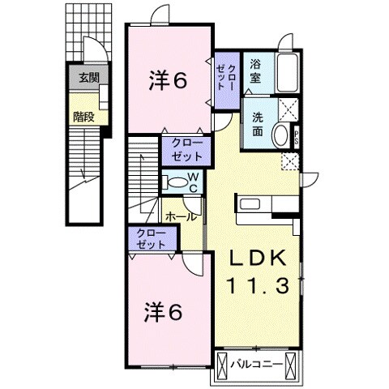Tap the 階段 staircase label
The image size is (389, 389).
click(83, 116)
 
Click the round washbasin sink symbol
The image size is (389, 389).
click(280, 135)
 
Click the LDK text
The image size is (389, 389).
click(256, 259)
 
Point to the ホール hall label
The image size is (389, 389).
click(180, 216)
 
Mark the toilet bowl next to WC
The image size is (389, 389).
click(171, 182)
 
